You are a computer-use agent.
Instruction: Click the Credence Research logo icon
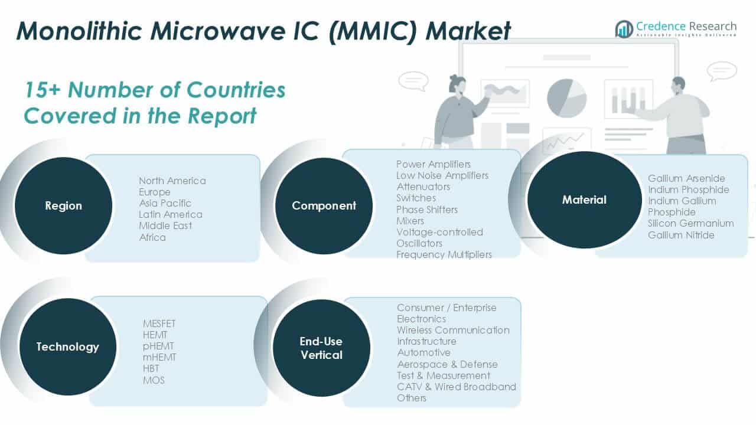[624, 29]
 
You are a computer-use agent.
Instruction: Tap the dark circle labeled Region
[63, 205]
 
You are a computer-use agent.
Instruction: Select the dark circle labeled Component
[324, 205]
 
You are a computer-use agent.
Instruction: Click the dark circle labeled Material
[584, 200]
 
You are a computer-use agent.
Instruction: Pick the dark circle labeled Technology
[67, 346]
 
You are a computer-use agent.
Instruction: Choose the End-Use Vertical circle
[321, 348]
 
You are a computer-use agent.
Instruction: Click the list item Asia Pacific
[165, 203]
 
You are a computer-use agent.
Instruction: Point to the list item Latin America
[170, 214]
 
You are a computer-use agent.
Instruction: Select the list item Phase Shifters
[426, 210]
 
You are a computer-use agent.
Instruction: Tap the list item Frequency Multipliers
[444, 254]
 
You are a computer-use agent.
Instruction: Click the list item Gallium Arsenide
[686, 178]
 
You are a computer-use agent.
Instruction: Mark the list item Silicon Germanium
[690, 223]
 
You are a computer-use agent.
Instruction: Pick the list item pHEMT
[158, 346]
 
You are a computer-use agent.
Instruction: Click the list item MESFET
[159, 323]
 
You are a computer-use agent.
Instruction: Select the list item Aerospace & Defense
[447, 364]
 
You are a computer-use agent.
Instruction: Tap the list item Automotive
[423, 352]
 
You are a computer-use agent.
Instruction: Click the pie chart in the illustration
[566, 97]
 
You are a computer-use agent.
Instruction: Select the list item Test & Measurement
[443, 375]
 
